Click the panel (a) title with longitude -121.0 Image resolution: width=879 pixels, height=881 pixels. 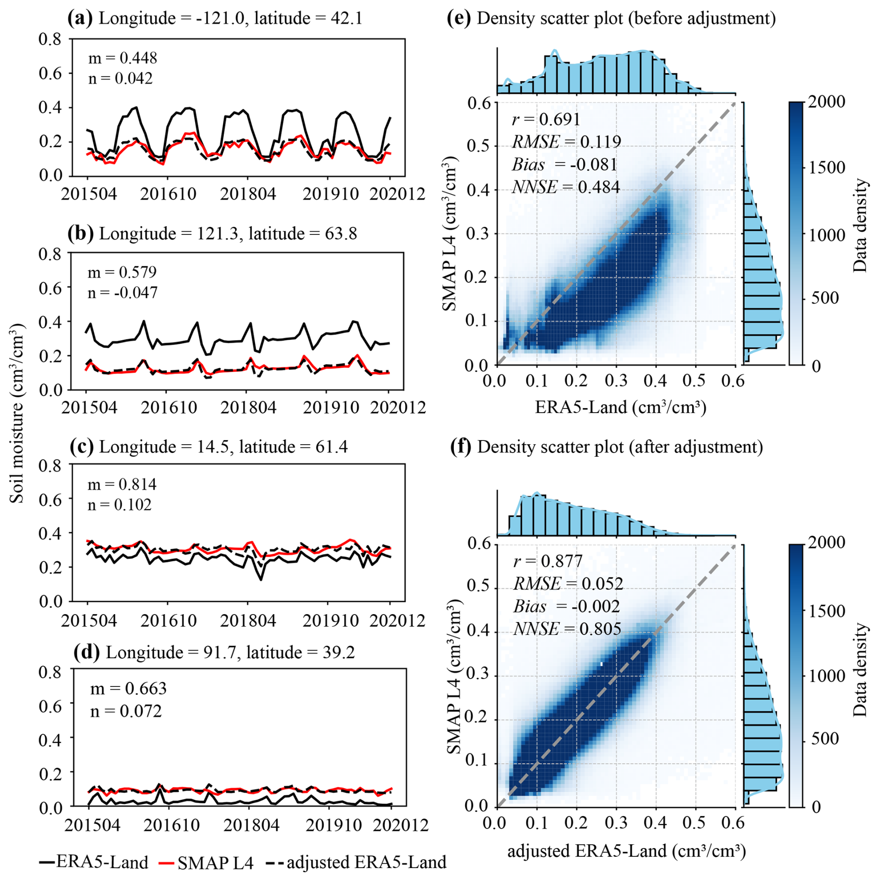pos(215,19)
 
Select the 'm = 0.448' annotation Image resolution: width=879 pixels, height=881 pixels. pos(123,58)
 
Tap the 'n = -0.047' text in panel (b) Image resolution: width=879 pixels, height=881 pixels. pos(123,292)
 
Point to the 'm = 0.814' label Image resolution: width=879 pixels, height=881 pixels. pos(122,484)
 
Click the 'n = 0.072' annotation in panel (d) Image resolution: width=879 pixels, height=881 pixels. pos(126,711)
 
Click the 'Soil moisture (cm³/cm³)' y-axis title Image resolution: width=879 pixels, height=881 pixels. pos(17,413)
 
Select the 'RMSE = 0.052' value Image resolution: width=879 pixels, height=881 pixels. pos(568,583)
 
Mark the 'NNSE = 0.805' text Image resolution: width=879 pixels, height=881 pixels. pos(567,629)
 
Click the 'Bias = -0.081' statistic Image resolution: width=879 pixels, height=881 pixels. pos(564,164)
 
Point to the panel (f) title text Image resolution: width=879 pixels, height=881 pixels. pos(607,447)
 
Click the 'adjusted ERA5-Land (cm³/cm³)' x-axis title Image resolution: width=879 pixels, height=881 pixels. pos(626,851)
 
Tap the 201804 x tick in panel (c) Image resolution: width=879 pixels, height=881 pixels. pos(248,621)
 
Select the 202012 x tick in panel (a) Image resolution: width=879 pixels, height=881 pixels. pos(397,194)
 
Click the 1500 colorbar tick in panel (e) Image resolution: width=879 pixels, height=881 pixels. pos(827,168)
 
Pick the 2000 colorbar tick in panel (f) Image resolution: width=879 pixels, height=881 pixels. pos(827,543)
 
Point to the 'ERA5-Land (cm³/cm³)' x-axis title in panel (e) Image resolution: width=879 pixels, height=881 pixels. pos(621,407)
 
